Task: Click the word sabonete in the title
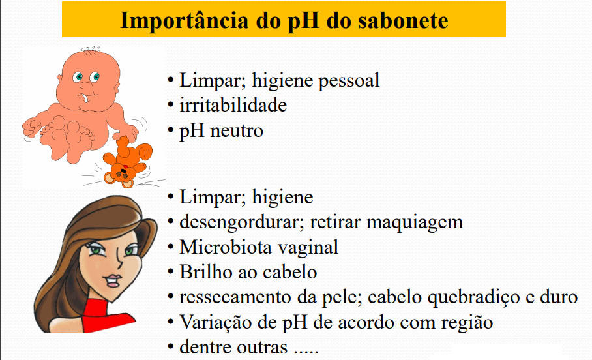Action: tap(403, 20)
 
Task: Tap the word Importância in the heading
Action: tap(185, 21)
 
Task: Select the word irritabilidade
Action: tap(233, 104)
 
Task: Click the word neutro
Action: tap(237, 131)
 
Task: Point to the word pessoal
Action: tap(348, 81)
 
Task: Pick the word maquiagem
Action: tap(415, 222)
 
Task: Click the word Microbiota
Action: tap(226, 247)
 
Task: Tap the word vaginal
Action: tap(308, 248)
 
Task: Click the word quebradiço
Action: tap(474, 297)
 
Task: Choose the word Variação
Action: tap(218, 322)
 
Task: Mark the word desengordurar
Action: tap(242, 222)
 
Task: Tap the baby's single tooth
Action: tap(85, 97)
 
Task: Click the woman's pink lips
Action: tap(113, 281)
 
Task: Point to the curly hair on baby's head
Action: tap(91, 50)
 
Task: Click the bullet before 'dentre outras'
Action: tap(171, 347)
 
